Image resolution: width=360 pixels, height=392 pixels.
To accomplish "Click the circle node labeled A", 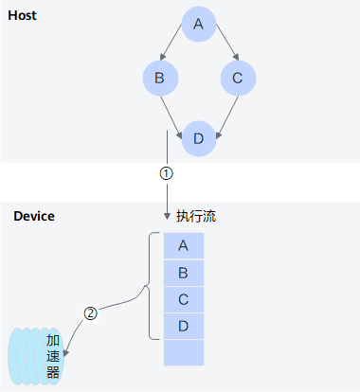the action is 199,24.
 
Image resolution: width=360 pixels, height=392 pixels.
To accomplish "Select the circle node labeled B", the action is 160,78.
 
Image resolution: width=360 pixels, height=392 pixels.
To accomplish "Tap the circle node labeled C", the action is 238,78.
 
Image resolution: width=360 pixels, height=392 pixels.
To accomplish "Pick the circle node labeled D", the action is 199,138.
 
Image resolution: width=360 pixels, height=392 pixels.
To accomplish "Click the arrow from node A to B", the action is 171,42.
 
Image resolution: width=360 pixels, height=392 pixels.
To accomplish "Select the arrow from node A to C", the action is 227,42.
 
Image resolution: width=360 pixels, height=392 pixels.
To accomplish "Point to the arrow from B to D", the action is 171,117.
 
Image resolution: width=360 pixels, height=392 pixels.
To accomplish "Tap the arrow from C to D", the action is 227,117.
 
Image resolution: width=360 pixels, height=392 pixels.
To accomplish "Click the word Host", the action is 22,15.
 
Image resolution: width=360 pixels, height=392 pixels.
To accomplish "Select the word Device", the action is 34,216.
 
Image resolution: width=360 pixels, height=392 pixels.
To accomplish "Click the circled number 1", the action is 167,173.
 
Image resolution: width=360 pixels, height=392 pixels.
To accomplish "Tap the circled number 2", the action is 91,313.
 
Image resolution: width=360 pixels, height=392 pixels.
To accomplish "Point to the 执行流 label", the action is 196,216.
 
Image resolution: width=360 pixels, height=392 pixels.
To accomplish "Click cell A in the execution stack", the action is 184,246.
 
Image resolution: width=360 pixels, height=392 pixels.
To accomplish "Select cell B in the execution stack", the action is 184,273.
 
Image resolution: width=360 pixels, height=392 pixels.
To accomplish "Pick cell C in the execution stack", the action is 184,299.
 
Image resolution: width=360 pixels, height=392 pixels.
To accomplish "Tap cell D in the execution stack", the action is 184,326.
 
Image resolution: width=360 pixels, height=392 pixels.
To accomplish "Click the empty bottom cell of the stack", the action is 184,352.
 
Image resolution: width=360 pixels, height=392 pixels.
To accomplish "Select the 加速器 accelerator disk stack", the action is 36,356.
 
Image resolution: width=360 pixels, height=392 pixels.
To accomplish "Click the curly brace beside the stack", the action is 149,286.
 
